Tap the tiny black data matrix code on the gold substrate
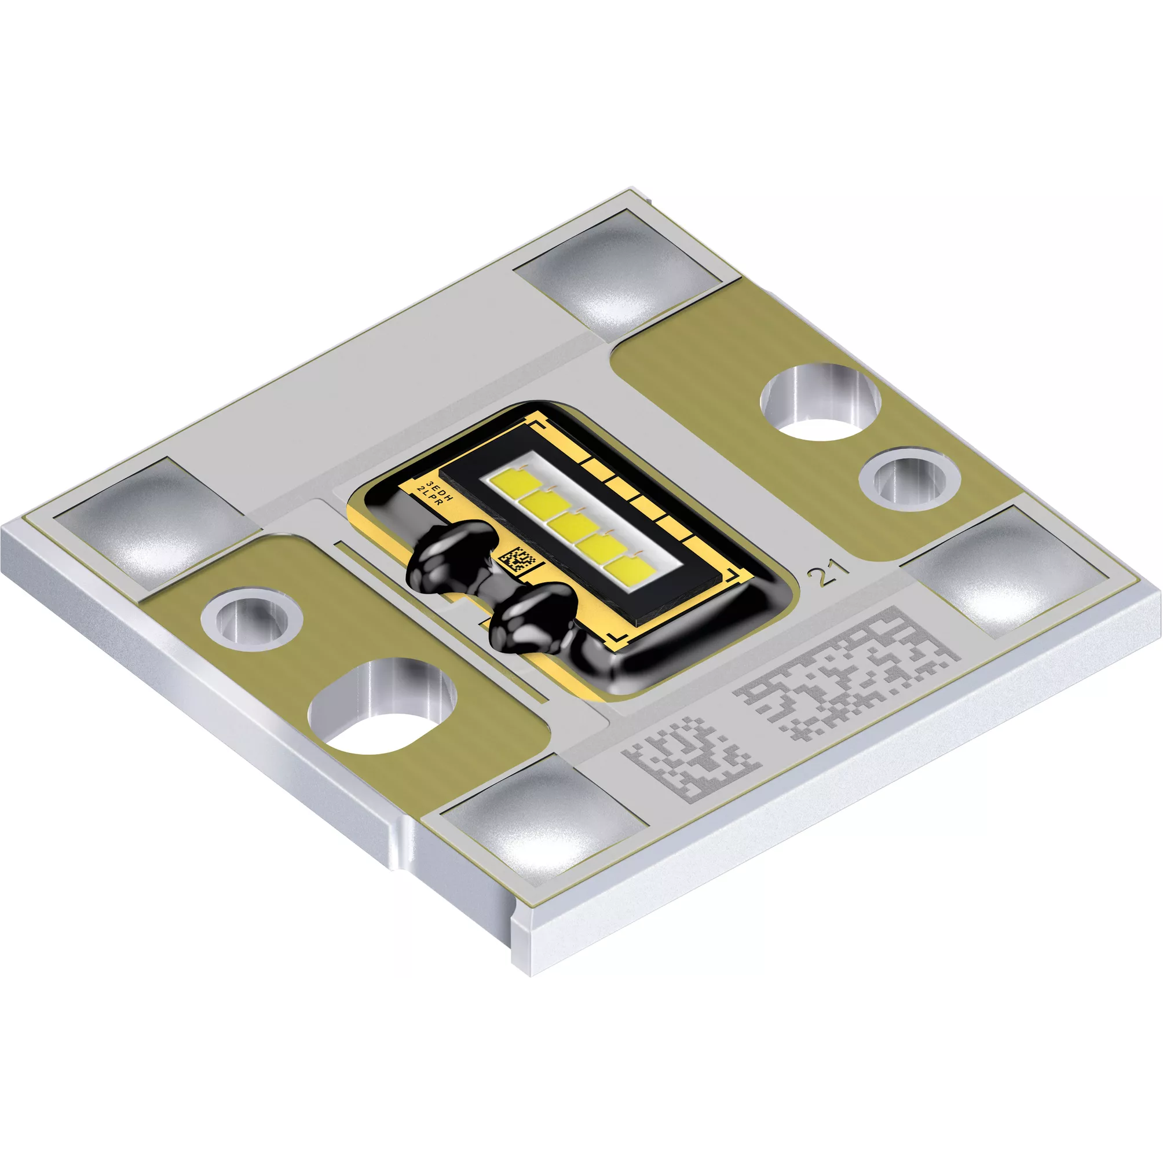point(518,560)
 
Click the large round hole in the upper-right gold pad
point(820,401)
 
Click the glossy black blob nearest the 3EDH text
point(455,546)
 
